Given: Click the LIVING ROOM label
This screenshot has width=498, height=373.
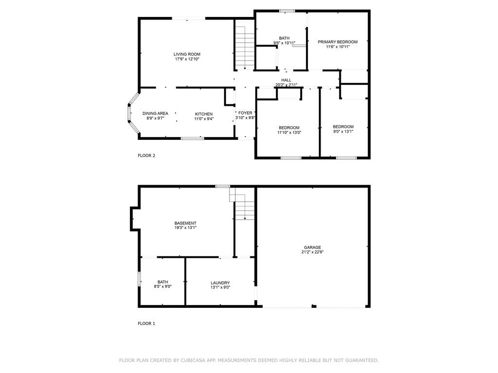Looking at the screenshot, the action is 187,54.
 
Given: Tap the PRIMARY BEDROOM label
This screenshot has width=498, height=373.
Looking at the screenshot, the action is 338,42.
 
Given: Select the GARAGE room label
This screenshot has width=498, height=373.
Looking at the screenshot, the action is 313,247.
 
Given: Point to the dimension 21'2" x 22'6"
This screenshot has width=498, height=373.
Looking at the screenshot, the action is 313,252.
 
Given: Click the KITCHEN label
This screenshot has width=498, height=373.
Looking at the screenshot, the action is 204,114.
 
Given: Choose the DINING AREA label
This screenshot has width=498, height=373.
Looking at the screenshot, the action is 155,114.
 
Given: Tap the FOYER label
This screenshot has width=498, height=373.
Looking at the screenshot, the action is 245,113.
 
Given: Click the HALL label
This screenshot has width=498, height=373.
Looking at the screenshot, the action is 286,80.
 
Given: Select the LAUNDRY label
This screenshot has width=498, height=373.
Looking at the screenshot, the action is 220,283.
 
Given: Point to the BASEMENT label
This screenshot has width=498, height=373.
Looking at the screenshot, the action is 185,223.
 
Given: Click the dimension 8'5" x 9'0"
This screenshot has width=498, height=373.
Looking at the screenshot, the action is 162,287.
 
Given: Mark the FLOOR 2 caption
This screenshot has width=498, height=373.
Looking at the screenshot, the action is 146,155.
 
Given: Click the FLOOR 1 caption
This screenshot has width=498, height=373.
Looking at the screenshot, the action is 146,323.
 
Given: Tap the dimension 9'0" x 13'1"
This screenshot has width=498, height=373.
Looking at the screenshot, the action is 343,131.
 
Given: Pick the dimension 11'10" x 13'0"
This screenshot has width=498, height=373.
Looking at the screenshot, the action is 289,133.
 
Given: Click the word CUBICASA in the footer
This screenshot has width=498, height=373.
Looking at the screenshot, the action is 192,360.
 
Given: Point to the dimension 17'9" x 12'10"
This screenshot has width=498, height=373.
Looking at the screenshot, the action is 187,59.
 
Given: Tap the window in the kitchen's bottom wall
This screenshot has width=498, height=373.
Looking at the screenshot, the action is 193,138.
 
